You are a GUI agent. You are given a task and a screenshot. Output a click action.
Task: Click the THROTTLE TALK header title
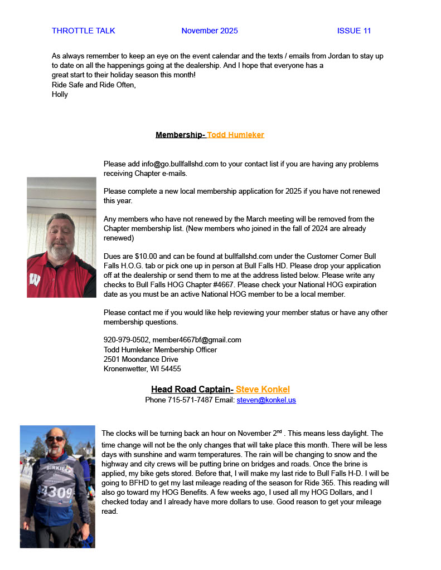click(x=83, y=31)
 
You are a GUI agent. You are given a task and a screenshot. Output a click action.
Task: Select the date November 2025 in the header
click(x=210, y=31)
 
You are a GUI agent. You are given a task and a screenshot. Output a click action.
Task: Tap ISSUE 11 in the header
click(x=354, y=31)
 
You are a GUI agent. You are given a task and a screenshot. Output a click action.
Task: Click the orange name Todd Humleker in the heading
click(x=236, y=135)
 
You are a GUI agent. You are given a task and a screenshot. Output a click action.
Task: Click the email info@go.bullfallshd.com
click(x=180, y=164)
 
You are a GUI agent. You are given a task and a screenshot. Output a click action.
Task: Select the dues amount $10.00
click(x=146, y=257)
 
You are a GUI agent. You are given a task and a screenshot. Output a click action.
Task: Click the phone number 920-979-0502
click(x=126, y=340)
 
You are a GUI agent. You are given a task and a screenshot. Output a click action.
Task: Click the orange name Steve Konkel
click(x=263, y=389)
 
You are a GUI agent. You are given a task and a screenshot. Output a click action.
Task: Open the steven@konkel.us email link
click(x=266, y=400)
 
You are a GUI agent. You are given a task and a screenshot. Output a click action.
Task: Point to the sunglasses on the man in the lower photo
click(x=55, y=439)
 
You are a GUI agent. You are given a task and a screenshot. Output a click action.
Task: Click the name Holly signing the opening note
click(x=60, y=94)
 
